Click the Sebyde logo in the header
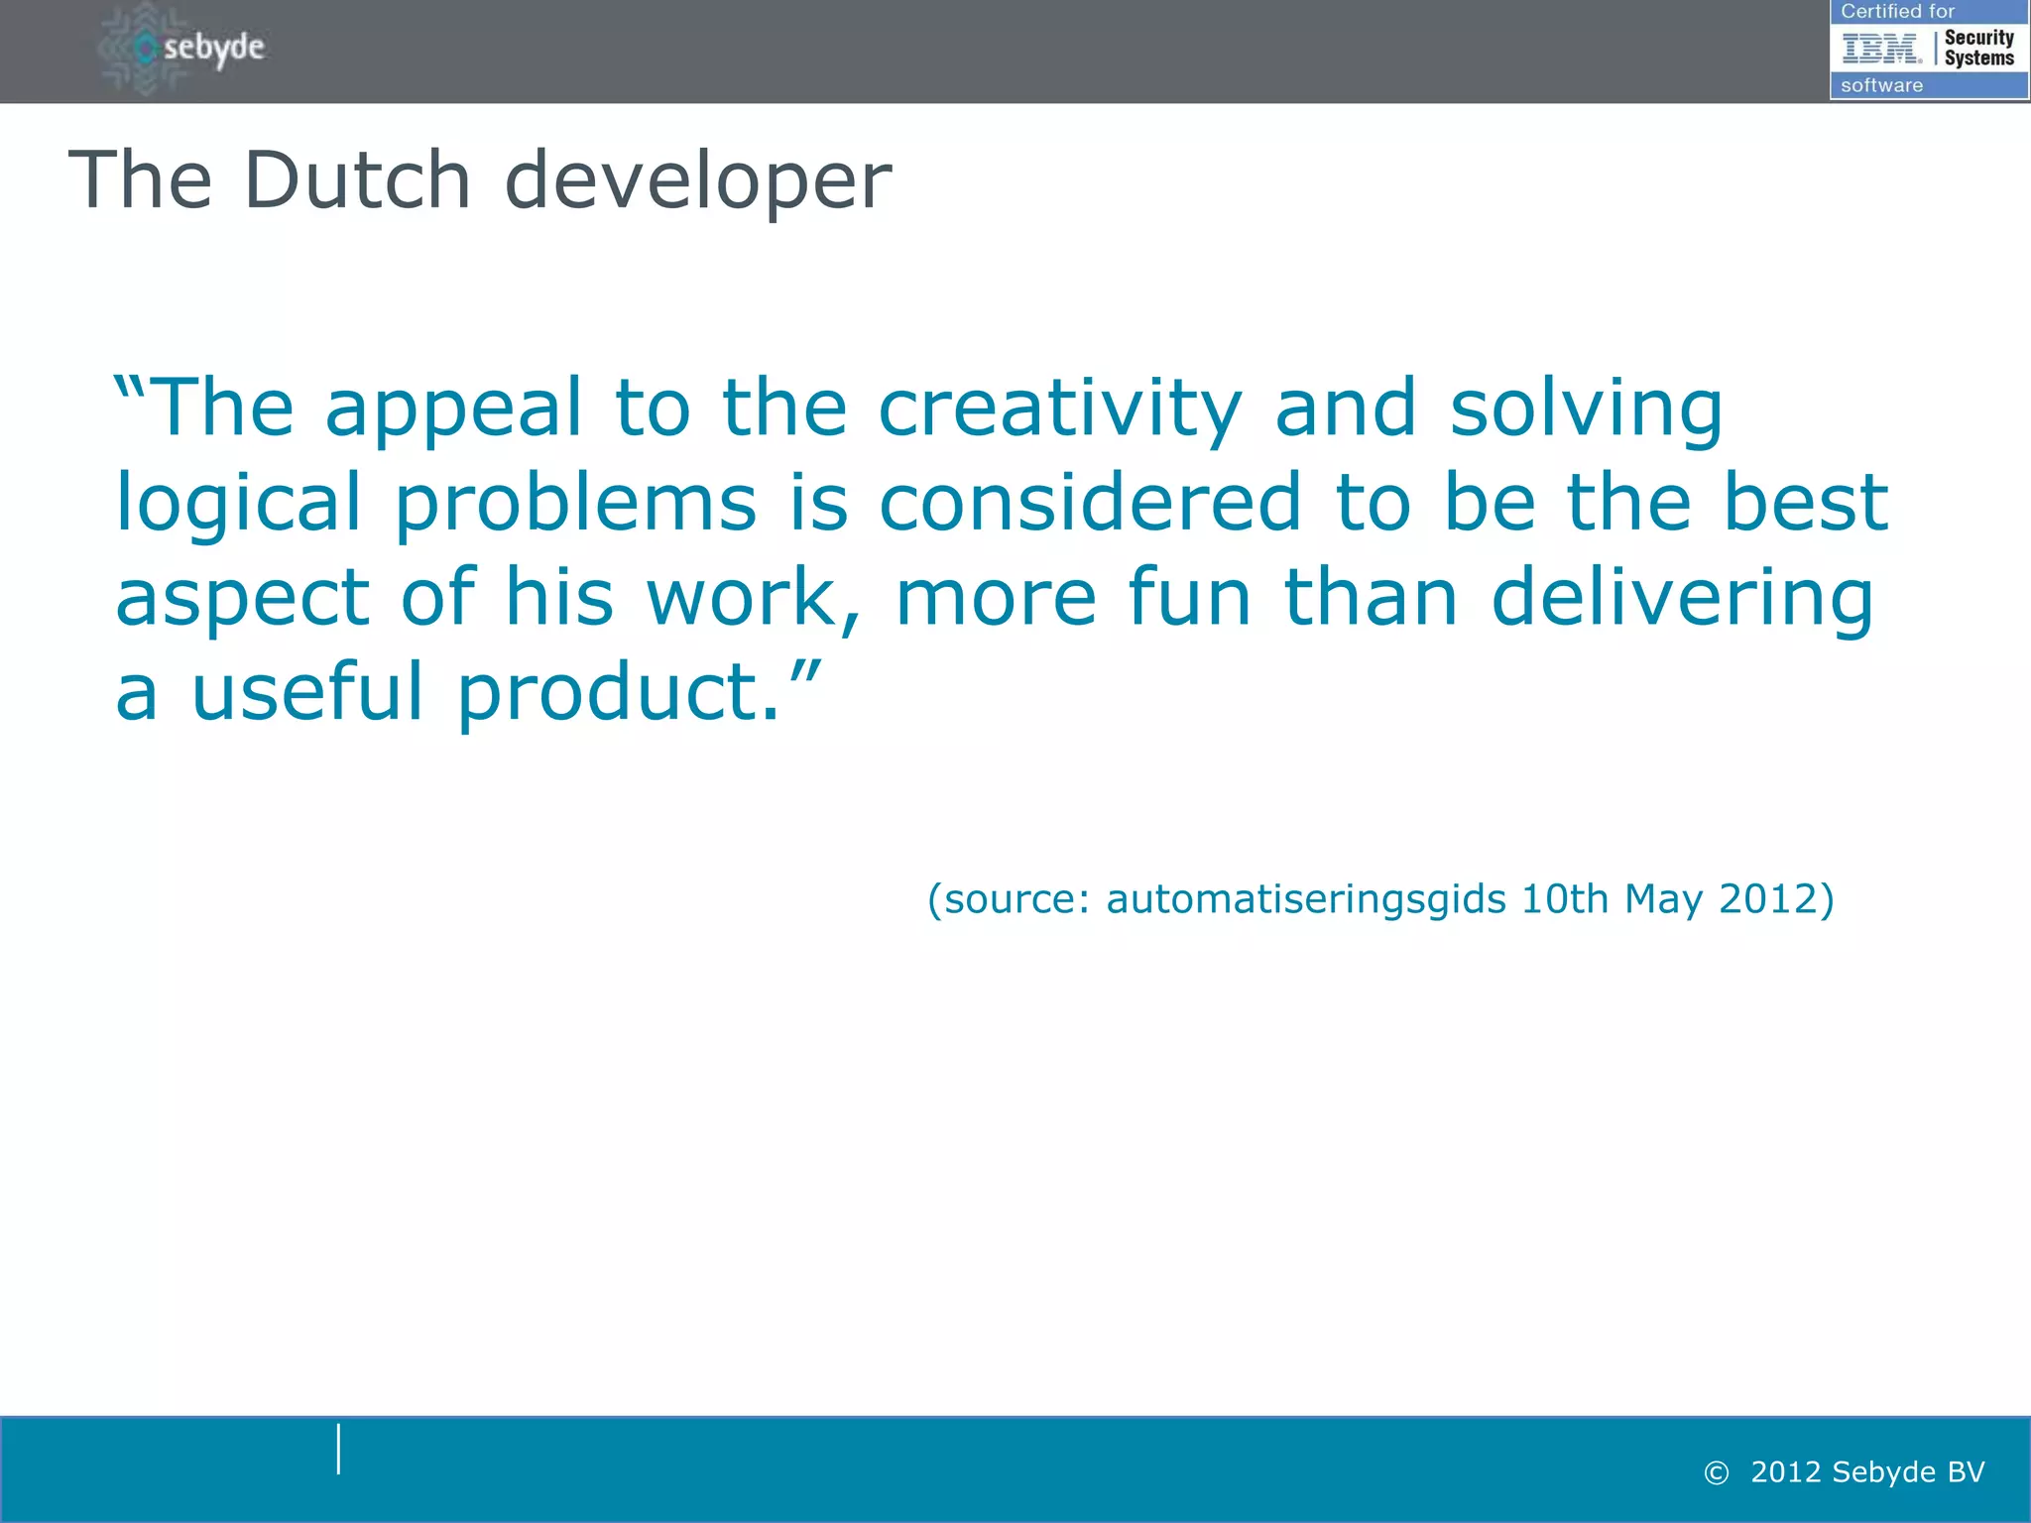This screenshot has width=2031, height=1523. (x=184, y=48)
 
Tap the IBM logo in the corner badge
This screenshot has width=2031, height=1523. (x=1880, y=48)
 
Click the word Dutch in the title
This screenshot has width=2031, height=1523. (x=357, y=180)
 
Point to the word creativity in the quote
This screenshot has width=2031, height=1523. (x=1059, y=410)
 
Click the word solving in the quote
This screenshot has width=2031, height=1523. (x=1586, y=410)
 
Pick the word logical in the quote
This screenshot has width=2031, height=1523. (x=238, y=504)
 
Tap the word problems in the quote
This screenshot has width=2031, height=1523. (x=575, y=504)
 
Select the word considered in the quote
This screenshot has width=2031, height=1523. (x=1090, y=502)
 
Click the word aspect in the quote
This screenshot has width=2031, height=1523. (x=242, y=599)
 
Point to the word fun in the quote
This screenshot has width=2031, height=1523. (x=1189, y=597)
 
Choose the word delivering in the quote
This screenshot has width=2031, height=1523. (x=1682, y=599)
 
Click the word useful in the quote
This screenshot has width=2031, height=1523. (x=307, y=691)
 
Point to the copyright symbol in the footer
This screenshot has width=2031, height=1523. (x=1716, y=1473)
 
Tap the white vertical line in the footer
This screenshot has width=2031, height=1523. (x=339, y=1449)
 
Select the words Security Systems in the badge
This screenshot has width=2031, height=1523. (x=1978, y=48)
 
